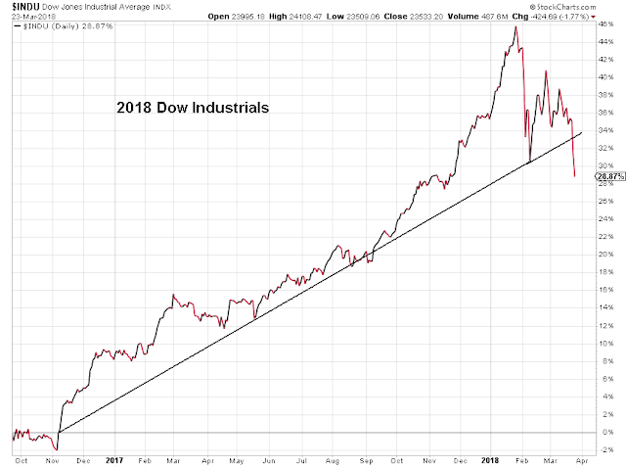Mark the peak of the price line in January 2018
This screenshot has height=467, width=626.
(x=515, y=26)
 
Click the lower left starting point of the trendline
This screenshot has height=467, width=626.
(x=60, y=432)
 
